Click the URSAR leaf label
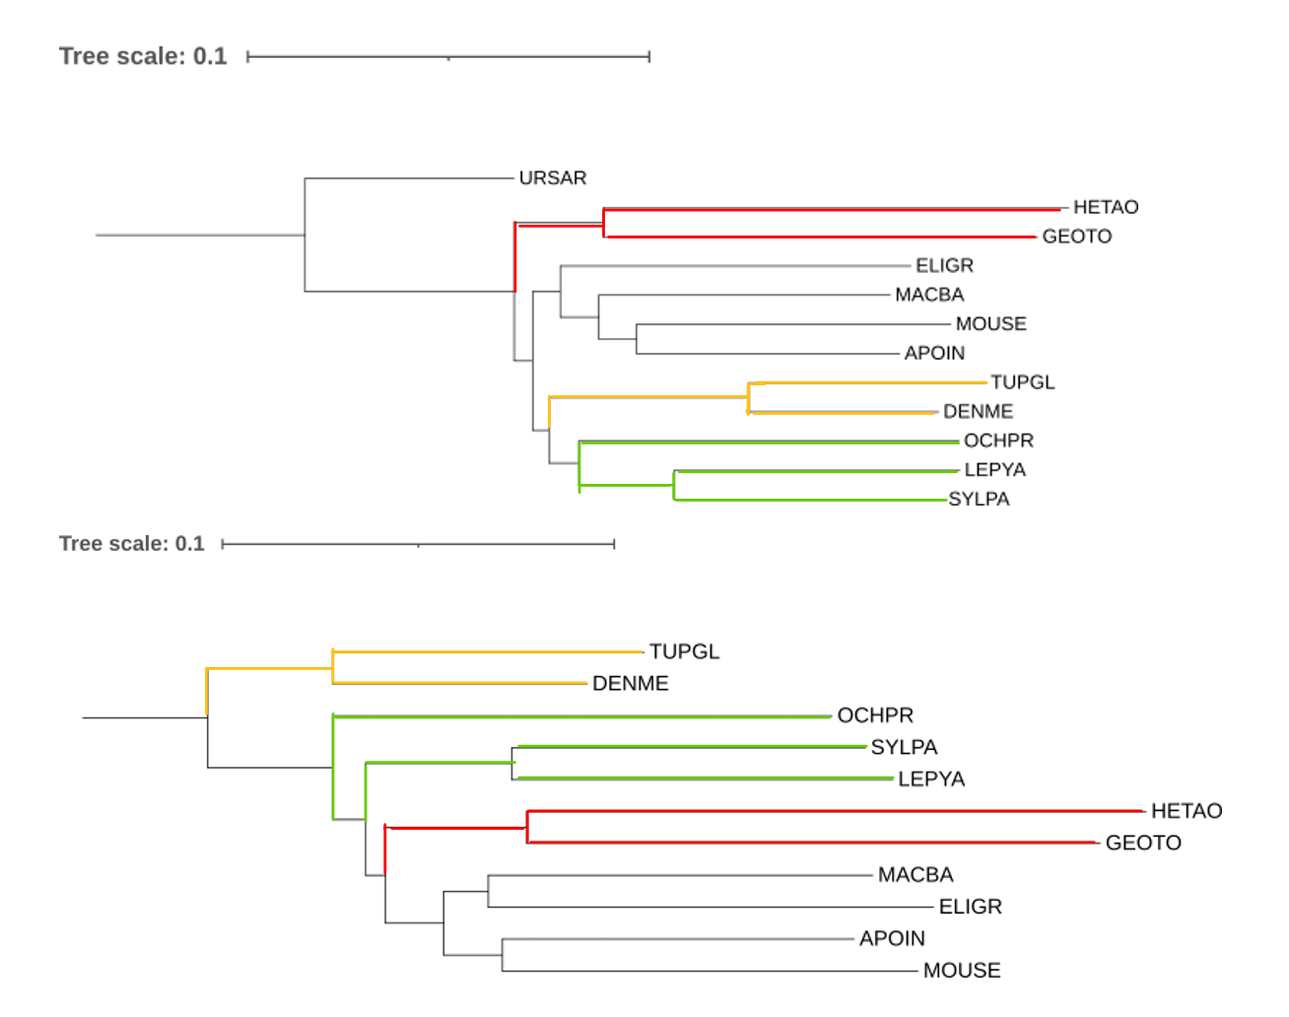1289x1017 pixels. coord(552,178)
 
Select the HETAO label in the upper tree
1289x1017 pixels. coord(1106,207)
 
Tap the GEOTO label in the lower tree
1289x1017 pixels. coord(1143,843)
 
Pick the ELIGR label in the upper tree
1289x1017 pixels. coord(945,265)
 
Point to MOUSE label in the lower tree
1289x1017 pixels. coord(962,971)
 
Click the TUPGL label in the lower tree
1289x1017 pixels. coord(685,651)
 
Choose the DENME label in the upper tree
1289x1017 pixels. coord(979,412)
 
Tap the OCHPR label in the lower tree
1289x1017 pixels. coord(875,715)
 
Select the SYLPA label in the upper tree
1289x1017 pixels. coord(980,499)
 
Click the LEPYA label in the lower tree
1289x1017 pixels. coord(931,779)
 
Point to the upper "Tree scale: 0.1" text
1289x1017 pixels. coord(143,56)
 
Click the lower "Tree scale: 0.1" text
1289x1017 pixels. coord(132,543)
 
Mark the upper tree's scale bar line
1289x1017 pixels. coord(448,57)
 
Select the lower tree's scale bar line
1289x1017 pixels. coord(418,544)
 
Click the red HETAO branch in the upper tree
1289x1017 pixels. coord(832,209)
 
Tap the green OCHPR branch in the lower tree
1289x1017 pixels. coord(582,716)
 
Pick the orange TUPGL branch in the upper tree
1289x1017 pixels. coord(868,382)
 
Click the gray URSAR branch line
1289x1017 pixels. coord(409,178)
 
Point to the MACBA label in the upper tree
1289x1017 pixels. coord(929,295)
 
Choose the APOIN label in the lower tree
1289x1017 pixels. coord(892,938)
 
